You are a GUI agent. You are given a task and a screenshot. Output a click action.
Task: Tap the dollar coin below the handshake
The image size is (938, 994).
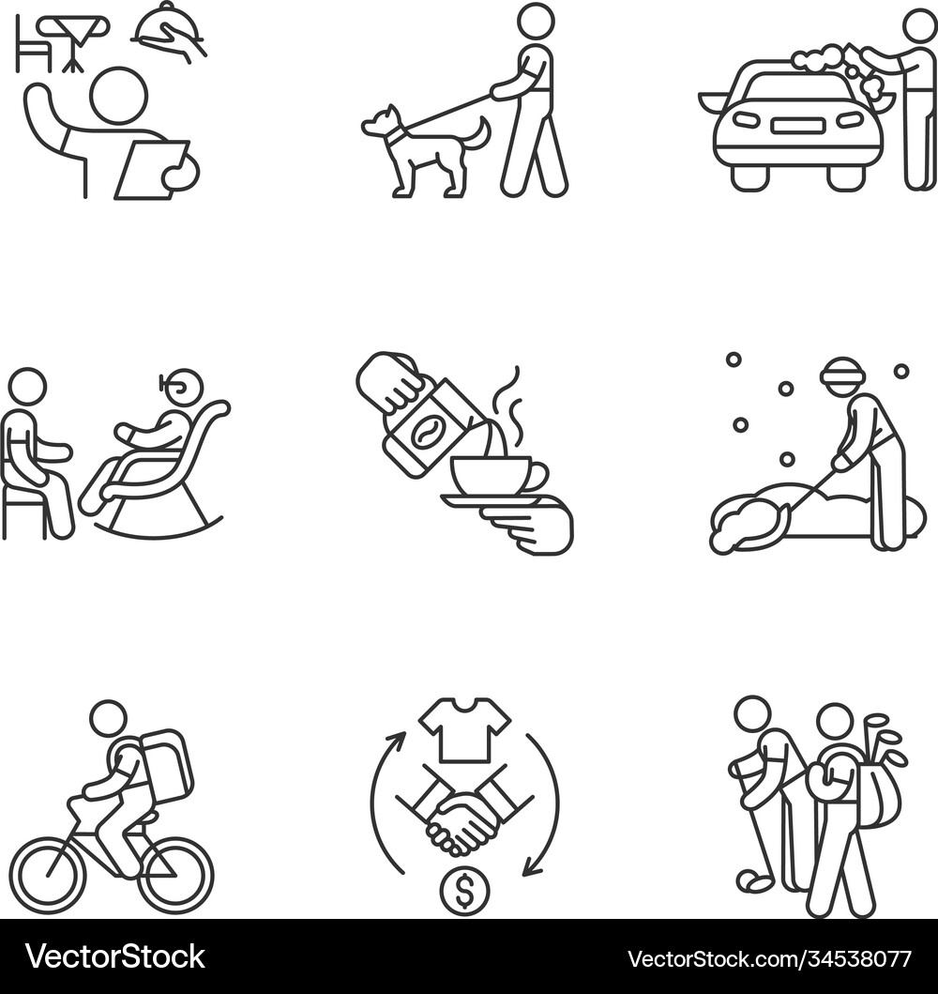click(x=464, y=892)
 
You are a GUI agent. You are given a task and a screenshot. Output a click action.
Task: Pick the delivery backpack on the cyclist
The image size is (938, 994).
click(x=165, y=763)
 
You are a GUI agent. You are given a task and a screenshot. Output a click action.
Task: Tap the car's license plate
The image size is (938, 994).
click(x=797, y=125)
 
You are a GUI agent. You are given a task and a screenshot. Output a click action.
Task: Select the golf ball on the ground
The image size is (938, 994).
click(x=752, y=881)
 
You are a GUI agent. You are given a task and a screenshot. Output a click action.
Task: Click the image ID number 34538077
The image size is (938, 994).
click(x=838, y=958)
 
